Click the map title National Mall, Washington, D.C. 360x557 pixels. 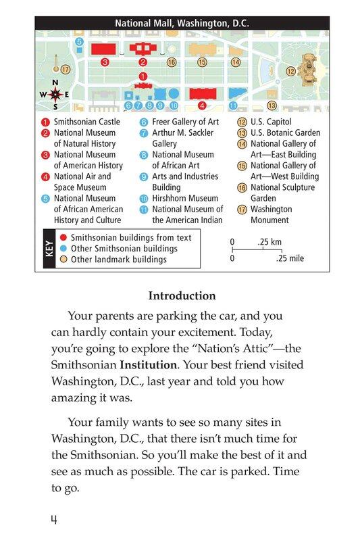point(182,23)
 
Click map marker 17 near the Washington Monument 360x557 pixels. point(66,70)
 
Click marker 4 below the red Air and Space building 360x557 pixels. point(201,106)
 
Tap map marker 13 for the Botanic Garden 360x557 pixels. point(272,105)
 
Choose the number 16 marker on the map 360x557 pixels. point(172,62)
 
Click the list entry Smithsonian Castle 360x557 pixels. point(86,122)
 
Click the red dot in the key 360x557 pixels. point(63,238)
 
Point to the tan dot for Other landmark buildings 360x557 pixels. point(63,260)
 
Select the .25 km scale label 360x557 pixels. point(269,241)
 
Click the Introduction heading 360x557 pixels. point(182,296)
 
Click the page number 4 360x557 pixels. point(53,520)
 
